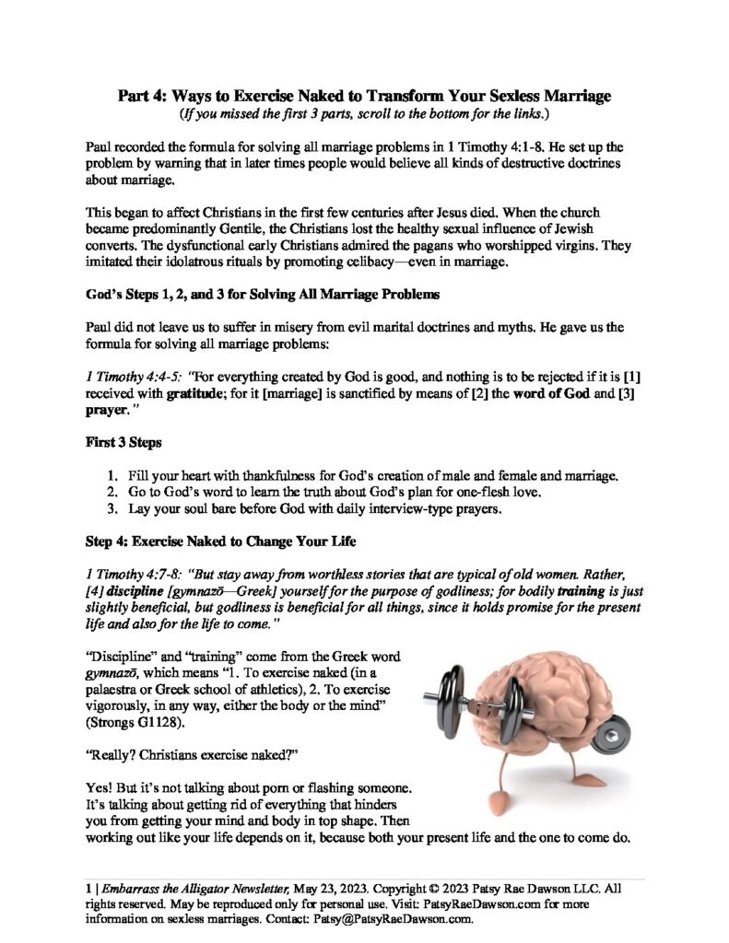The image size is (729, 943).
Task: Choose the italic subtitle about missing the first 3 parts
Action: click(365, 115)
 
